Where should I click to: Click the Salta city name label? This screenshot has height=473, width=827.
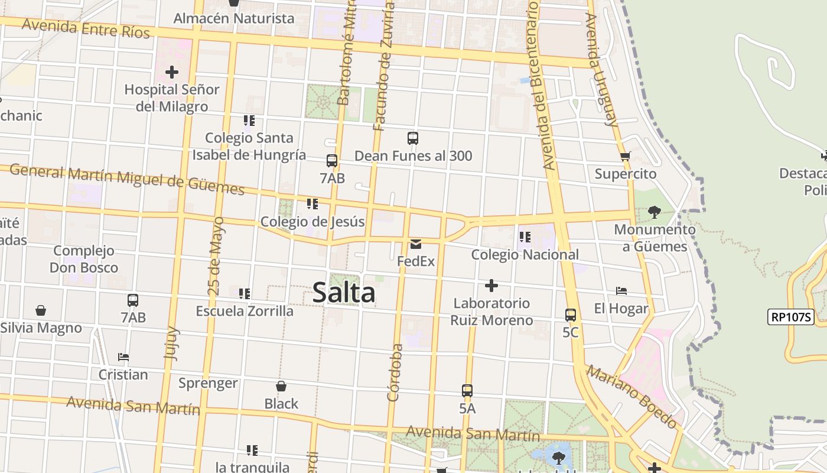pos(344,293)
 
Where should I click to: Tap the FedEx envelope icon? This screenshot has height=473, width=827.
pos(416,244)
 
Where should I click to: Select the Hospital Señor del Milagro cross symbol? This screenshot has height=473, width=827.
pos(172,72)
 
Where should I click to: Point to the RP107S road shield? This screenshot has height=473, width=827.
pos(791,317)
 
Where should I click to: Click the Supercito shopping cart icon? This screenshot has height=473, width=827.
pos(626,157)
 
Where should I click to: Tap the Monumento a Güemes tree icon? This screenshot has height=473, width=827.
pos(654,212)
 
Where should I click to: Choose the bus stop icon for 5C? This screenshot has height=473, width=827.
pos(571,315)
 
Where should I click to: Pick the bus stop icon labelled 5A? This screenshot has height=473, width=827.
pos(467,391)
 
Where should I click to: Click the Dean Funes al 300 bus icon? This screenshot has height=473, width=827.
pos(413,138)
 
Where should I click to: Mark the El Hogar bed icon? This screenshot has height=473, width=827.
pos(621,291)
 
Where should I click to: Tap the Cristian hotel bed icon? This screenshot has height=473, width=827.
pos(123,357)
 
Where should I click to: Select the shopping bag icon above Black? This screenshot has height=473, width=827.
pos(281,386)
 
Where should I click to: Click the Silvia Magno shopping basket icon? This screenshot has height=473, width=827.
pos(41,310)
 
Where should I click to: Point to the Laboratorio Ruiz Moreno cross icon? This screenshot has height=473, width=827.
pos(491,286)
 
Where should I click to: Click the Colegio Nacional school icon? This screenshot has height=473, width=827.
pos(525,237)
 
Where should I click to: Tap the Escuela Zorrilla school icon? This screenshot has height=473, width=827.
pos(245,293)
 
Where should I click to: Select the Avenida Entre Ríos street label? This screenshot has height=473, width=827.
pos(86,27)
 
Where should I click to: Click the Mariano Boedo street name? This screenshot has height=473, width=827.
pos(631,396)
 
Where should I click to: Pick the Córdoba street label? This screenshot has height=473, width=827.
pos(395,372)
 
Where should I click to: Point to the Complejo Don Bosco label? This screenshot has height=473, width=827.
pos(83,259)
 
